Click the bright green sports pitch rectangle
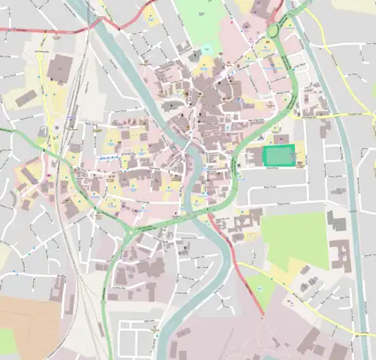coord(279,156)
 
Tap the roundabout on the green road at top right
coord(276,28)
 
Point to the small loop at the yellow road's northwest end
coord(39,53)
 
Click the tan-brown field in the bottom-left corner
coord(29,323)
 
